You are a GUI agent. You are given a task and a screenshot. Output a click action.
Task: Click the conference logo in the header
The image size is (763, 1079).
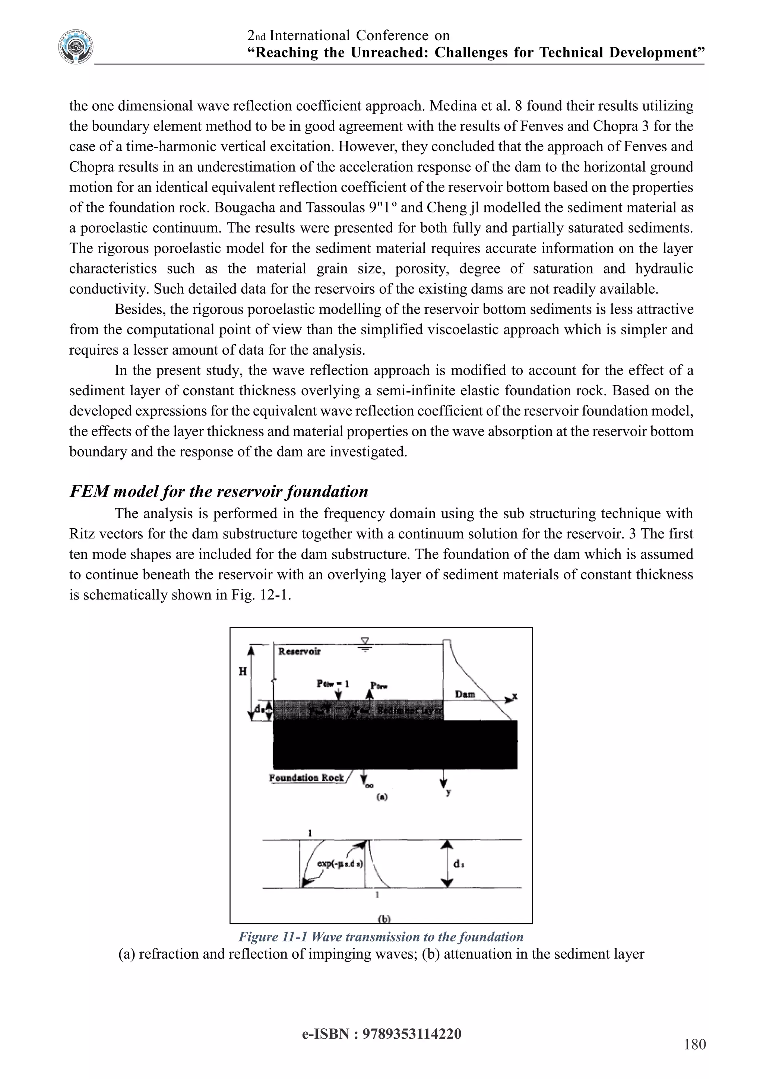coord(76,47)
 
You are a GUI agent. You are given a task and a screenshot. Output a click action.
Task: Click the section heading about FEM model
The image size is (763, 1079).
coord(218,491)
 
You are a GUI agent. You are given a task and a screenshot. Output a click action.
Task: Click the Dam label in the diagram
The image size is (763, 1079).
coord(465,694)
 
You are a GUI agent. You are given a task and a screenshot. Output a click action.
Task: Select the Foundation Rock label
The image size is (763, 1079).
coord(306,778)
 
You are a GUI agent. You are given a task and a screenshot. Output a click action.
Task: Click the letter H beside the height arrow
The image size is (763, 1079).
coord(243,671)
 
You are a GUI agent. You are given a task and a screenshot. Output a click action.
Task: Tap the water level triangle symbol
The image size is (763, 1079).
coord(364,642)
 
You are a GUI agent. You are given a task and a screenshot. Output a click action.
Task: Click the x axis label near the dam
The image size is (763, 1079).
coord(515,696)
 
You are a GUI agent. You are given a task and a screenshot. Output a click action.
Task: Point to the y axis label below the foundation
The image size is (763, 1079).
coord(448,792)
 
